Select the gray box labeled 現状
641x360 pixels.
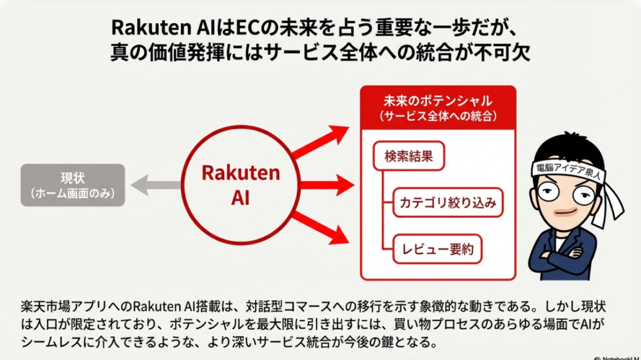coord(73,185)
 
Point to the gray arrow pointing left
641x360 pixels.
coord(156,185)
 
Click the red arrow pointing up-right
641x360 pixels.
coord(320,141)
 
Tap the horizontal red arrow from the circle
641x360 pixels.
coord(327,185)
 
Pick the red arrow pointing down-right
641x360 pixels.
coord(320,229)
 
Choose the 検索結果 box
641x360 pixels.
coord(409,156)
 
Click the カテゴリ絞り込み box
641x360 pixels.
coord(448,202)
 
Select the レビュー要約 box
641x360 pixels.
coord(438,249)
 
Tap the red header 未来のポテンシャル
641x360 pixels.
coord(438,108)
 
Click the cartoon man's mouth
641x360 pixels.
coord(566,212)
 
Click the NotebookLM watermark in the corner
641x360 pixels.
coord(617,358)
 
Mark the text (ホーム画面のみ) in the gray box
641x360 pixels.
coord(73,193)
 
